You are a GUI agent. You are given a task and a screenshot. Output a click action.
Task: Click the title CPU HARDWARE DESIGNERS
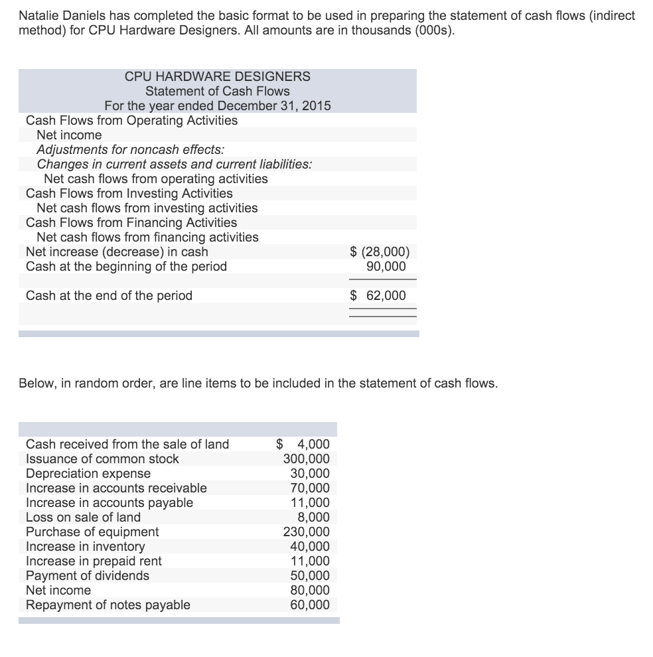217,76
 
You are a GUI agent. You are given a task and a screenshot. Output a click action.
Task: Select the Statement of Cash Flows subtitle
217,91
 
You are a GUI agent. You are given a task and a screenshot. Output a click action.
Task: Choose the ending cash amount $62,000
379,295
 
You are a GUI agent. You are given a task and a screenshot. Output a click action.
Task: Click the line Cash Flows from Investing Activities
129,193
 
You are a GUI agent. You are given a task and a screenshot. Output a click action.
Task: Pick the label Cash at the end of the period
109,295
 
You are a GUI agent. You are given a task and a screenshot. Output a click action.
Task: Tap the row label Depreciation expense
88,473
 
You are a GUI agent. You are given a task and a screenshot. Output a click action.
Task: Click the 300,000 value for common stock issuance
306,459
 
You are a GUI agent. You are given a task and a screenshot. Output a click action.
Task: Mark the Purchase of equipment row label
92,532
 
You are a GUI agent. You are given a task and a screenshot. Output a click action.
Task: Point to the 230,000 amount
306,532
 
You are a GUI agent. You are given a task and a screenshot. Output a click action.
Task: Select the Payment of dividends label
87,575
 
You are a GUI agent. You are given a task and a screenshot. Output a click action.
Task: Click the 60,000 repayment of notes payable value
309,605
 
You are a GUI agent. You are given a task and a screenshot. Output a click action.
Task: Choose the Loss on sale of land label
83,517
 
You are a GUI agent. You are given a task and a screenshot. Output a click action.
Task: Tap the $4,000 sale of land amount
303,444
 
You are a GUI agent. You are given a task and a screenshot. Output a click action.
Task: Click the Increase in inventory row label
85,546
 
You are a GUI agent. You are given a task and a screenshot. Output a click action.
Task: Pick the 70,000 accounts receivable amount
309,488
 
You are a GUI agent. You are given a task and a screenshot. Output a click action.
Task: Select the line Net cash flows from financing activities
147,237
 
